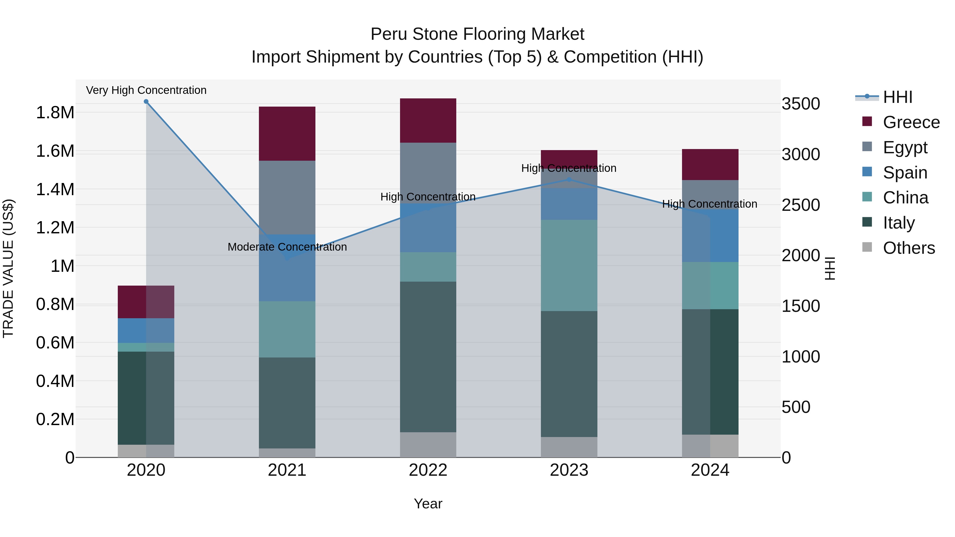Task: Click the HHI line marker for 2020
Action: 146,102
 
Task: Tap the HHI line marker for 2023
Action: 569,179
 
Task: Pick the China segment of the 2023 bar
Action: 569,265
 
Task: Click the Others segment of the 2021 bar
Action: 287,453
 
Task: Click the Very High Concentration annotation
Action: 146,90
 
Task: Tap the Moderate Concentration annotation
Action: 287,247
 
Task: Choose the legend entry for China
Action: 905,198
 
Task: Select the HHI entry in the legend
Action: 897,97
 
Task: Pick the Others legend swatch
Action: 867,247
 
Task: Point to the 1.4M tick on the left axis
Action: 55,189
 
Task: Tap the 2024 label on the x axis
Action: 710,470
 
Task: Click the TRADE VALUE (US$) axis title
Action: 8,268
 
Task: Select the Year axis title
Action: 428,504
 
